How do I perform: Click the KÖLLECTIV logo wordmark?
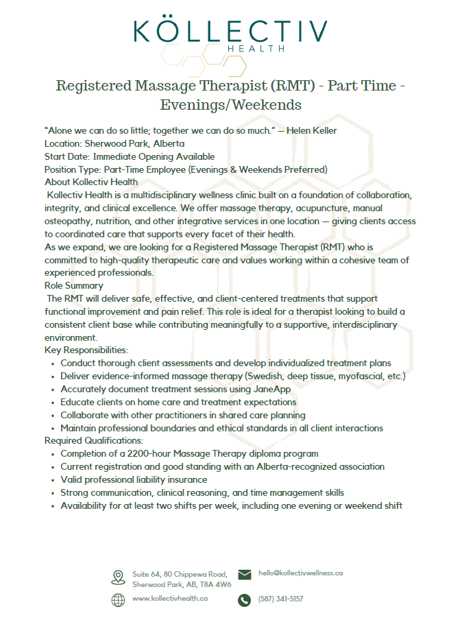click(230, 31)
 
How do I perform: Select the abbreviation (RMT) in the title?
click(287, 86)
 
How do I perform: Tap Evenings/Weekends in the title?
click(230, 105)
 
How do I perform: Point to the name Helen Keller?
click(311, 131)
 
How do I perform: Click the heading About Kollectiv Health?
click(91, 182)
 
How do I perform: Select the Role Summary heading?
click(74, 285)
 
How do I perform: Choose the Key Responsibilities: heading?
click(86, 350)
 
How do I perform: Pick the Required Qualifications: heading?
click(94, 440)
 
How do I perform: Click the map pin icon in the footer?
click(118, 577)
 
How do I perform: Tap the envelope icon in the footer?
click(244, 575)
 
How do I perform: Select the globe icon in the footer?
click(118, 599)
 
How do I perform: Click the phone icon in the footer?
click(244, 600)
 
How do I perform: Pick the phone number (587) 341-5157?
click(280, 599)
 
